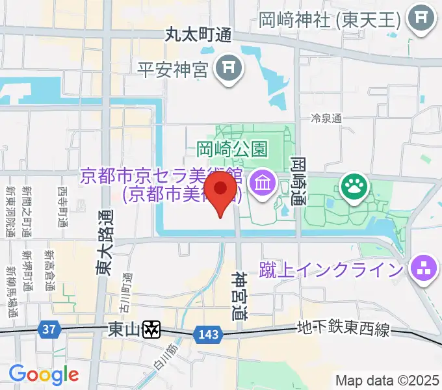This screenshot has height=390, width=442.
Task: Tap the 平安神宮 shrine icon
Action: click(228, 68)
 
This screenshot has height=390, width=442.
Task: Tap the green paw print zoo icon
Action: click(356, 187)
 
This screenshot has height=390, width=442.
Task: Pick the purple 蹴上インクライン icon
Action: click(422, 268)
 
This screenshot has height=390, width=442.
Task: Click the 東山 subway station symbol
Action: click(151, 330)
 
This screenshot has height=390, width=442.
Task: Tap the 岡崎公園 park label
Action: click(231, 150)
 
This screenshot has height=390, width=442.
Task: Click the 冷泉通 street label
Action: click(326, 118)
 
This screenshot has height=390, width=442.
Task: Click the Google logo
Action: click(44, 374)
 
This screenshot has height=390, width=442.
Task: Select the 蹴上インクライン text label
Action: click(331, 268)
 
